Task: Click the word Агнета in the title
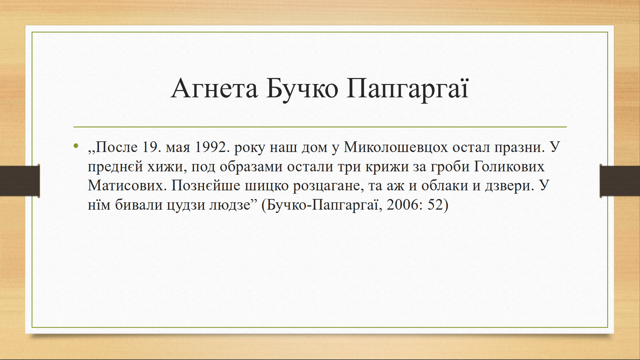[214, 89]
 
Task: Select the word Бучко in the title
[302, 89]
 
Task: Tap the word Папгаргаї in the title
[408, 89]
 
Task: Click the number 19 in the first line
[149, 147]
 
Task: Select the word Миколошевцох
[396, 147]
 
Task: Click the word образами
[251, 166]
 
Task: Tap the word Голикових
[509, 166]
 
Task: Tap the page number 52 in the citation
[435, 205]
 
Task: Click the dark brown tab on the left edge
[20, 181]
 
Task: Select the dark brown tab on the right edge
[620, 181]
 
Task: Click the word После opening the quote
[117, 147]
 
